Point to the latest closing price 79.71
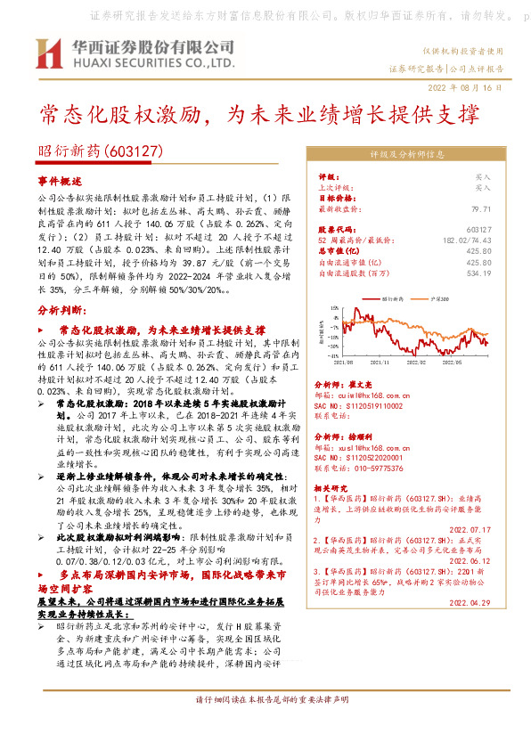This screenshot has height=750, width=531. click(480, 208)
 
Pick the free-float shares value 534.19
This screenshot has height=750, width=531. click(478, 273)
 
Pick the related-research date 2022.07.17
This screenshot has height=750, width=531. click(470, 529)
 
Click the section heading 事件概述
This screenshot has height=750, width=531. click(57, 181)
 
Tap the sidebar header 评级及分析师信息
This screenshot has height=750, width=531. click(406, 153)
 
